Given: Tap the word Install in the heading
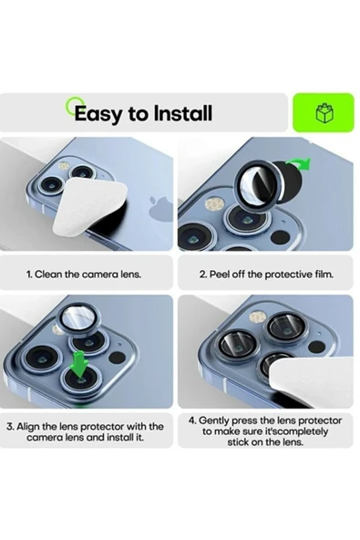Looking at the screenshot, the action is (x=182, y=112).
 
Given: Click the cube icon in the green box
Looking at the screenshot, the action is (x=324, y=112).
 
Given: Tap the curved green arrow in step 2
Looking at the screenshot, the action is (x=299, y=163).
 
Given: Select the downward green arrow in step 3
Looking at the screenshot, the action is (x=79, y=364).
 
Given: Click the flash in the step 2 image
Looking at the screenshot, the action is (x=215, y=204).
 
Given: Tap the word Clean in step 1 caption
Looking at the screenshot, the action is (x=49, y=275).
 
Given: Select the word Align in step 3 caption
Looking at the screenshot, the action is (x=28, y=427).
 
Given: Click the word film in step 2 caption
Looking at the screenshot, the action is (x=324, y=275).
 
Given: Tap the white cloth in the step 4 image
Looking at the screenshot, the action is (x=311, y=381).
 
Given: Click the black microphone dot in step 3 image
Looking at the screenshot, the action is (x=117, y=358).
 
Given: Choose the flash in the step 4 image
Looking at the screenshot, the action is (x=258, y=317).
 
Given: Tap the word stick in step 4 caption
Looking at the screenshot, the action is (x=238, y=442).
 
